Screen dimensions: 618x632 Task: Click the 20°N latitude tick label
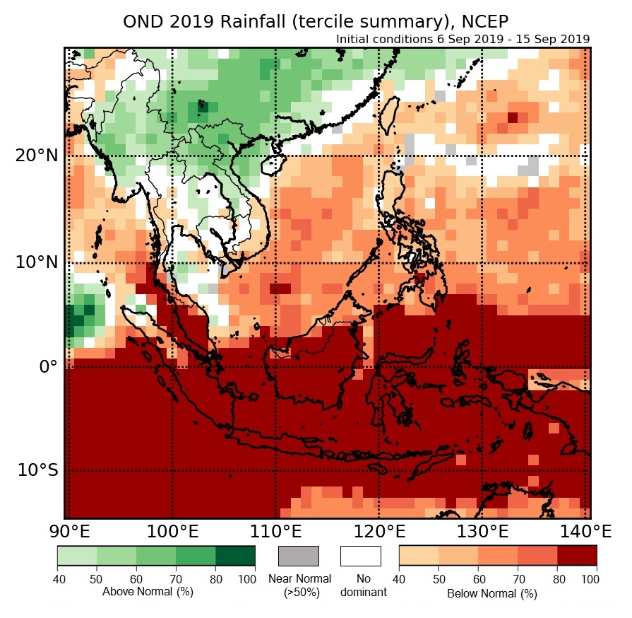point(35,155)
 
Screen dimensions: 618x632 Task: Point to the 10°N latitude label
point(35,262)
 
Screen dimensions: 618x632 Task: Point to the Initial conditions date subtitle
point(463,39)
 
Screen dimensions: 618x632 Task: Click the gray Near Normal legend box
point(299,556)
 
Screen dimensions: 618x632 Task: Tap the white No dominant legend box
point(360,556)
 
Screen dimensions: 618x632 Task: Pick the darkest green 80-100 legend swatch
point(235,556)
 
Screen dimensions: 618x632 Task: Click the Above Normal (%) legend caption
point(147,591)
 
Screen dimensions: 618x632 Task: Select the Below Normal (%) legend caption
point(491,593)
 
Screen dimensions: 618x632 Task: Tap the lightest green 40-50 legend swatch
point(77,556)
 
